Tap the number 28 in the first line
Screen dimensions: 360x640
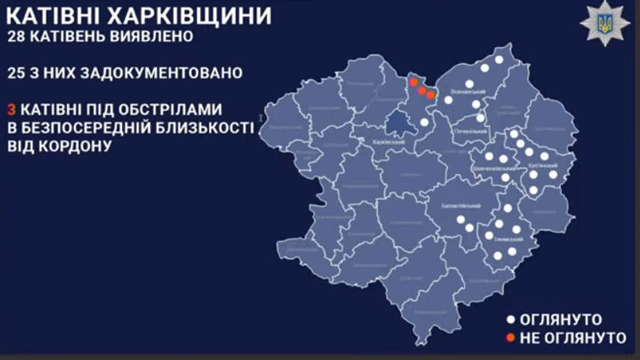pos(19,37)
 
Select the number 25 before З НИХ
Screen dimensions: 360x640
pos(19,72)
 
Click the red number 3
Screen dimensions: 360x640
pos(11,109)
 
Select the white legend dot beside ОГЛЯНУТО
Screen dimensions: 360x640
pos(510,320)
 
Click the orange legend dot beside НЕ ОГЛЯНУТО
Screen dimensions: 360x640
pos(510,338)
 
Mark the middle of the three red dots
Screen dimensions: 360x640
pos(422,91)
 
